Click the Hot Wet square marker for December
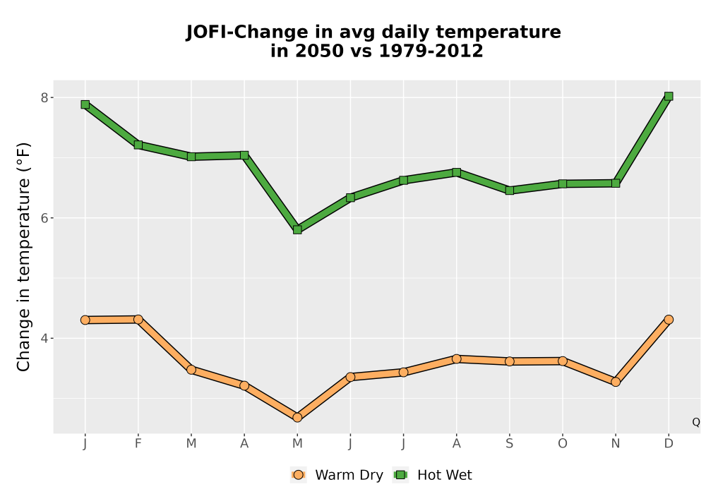click(x=668, y=96)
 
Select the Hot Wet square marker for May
click(x=297, y=229)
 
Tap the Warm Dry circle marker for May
click(x=297, y=418)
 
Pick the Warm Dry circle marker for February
click(x=138, y=320)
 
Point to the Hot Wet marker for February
click(x=138, y=145)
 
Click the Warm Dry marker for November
click(x=616, y=382)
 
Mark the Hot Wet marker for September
click(x=509, y=191)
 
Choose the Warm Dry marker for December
click(x=668, y=320)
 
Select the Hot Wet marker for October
click(x=563, y=183)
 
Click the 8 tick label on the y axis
click(x=44, y=97)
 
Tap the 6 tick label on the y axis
click(x=44, y=218)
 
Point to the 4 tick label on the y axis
click(x=44, y=338)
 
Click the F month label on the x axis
click(x=138, y=444)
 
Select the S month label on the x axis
click(x=509, y=444)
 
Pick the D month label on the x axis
click(x=668, y=444)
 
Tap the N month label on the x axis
click(x=616, y=444)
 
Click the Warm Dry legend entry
click(x=337, y=475)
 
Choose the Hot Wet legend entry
click(x=432, y=475)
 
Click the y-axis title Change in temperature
click(x=23, y=257)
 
